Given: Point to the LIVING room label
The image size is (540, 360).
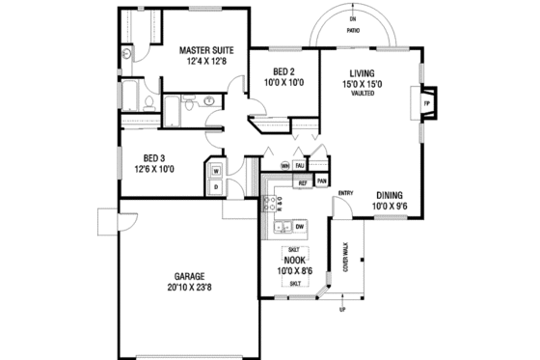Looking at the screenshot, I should (x=363, y=71).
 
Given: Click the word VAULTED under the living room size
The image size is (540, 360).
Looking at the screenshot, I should (x=363, y=94).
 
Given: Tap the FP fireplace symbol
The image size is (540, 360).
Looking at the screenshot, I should (x=425, y=97).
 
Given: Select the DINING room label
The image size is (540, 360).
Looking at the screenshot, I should (x=390, y=193).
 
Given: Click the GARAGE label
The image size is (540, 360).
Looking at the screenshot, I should (x=184, y=274).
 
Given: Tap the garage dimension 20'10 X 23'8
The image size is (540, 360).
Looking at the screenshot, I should (x=184, y=287).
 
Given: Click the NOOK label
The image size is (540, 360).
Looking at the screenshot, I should (x=294, y=261).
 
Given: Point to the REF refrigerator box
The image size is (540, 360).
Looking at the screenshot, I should (x=302, y=182).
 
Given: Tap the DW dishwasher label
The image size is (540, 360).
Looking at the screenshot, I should (x=300, y=227).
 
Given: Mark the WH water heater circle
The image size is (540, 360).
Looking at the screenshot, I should (x=285, y=165).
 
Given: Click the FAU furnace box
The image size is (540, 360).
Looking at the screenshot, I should (x=302, y=165).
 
